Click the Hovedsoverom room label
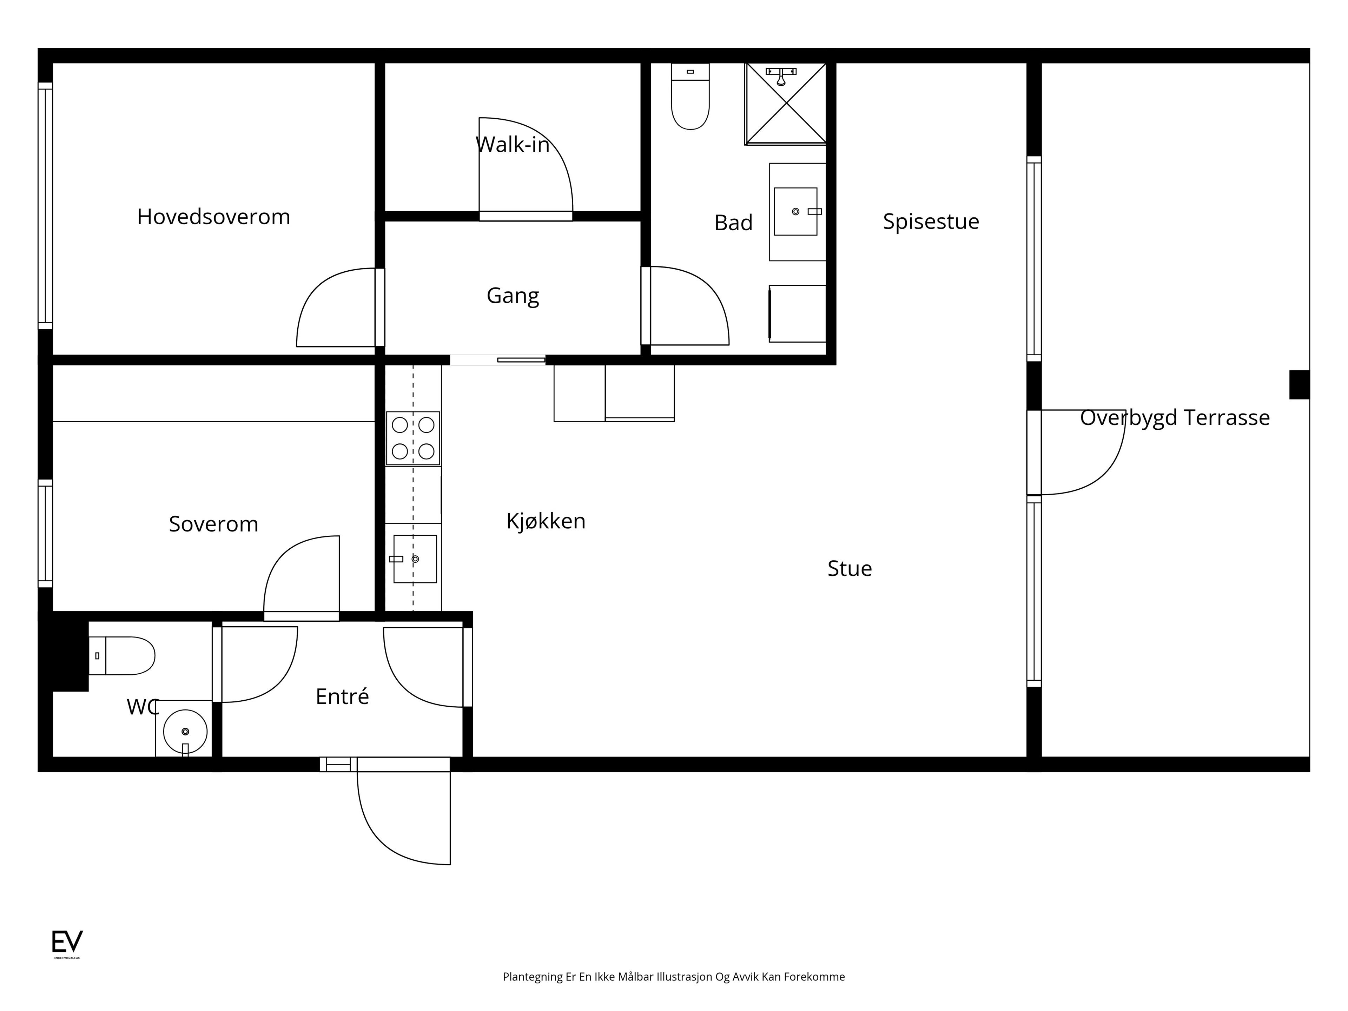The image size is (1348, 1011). (213, 217)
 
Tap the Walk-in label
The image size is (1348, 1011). (513, 144)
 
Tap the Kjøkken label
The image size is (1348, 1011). (546, 521)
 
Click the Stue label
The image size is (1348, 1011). (850, 569)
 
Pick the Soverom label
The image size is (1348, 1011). (213, 524)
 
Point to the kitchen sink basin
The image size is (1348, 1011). (415, 559)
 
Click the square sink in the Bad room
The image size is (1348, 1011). (795, 211)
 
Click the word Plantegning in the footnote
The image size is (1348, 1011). (533, 977)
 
